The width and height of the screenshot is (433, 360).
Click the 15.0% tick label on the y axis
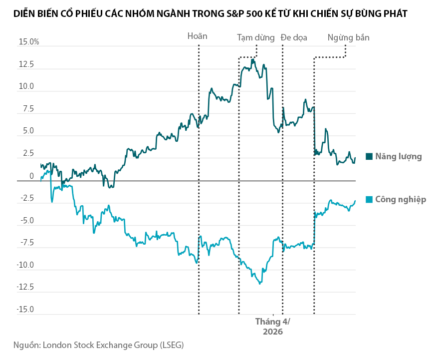pos(29,42)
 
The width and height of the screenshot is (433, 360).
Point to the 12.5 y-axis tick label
pos(26,65)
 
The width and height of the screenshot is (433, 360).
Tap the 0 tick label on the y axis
pos(31,176)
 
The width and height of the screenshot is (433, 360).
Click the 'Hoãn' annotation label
pos(197,36)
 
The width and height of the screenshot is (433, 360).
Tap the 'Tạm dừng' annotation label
pos(255,37)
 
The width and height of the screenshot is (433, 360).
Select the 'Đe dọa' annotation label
pos(294,37)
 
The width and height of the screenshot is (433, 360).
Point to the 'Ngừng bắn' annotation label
pos(348,37)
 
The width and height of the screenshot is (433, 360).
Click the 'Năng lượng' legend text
pos(399,156)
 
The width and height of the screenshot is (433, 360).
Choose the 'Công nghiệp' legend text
pos(401,199)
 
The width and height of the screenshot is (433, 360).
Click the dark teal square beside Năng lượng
pos(369,156)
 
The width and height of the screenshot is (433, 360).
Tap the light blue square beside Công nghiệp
pos(369,199)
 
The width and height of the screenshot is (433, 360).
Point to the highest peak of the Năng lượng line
pos(253,59)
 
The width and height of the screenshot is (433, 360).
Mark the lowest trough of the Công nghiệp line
pos(260,284)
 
